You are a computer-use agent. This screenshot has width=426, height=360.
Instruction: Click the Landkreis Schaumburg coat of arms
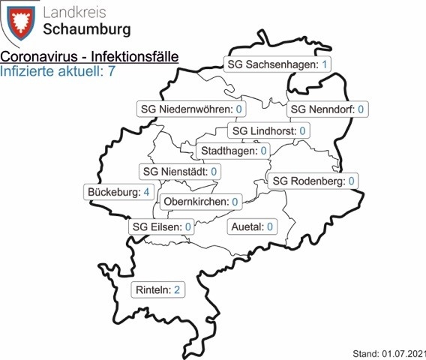21,22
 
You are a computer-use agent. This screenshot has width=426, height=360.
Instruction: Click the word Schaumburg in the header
87,30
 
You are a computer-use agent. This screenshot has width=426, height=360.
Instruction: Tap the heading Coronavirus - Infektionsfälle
83,58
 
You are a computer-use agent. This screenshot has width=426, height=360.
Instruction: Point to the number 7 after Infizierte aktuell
110,72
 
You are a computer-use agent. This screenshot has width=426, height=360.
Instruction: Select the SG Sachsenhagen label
279,64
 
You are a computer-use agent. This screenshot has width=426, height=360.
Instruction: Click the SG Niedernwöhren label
193,109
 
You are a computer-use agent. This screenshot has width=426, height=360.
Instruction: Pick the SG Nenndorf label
328,109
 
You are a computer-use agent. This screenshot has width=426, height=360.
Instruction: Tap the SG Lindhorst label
269,131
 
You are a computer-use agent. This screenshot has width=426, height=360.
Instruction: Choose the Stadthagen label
234,151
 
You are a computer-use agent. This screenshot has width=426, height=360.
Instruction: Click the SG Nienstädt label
180,172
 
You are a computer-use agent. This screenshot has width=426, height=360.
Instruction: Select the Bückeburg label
119,192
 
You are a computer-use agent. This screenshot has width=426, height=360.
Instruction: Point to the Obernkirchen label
201,201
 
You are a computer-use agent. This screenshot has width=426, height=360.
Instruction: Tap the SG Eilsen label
162,226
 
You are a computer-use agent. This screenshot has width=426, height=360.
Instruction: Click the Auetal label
251,226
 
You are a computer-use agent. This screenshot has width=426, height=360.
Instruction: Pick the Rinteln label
157,289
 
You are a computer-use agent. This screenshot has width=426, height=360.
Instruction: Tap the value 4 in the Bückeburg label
146,192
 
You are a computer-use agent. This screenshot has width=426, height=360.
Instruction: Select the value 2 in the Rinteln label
177,289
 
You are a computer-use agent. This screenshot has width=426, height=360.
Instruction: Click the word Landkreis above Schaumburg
74,11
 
